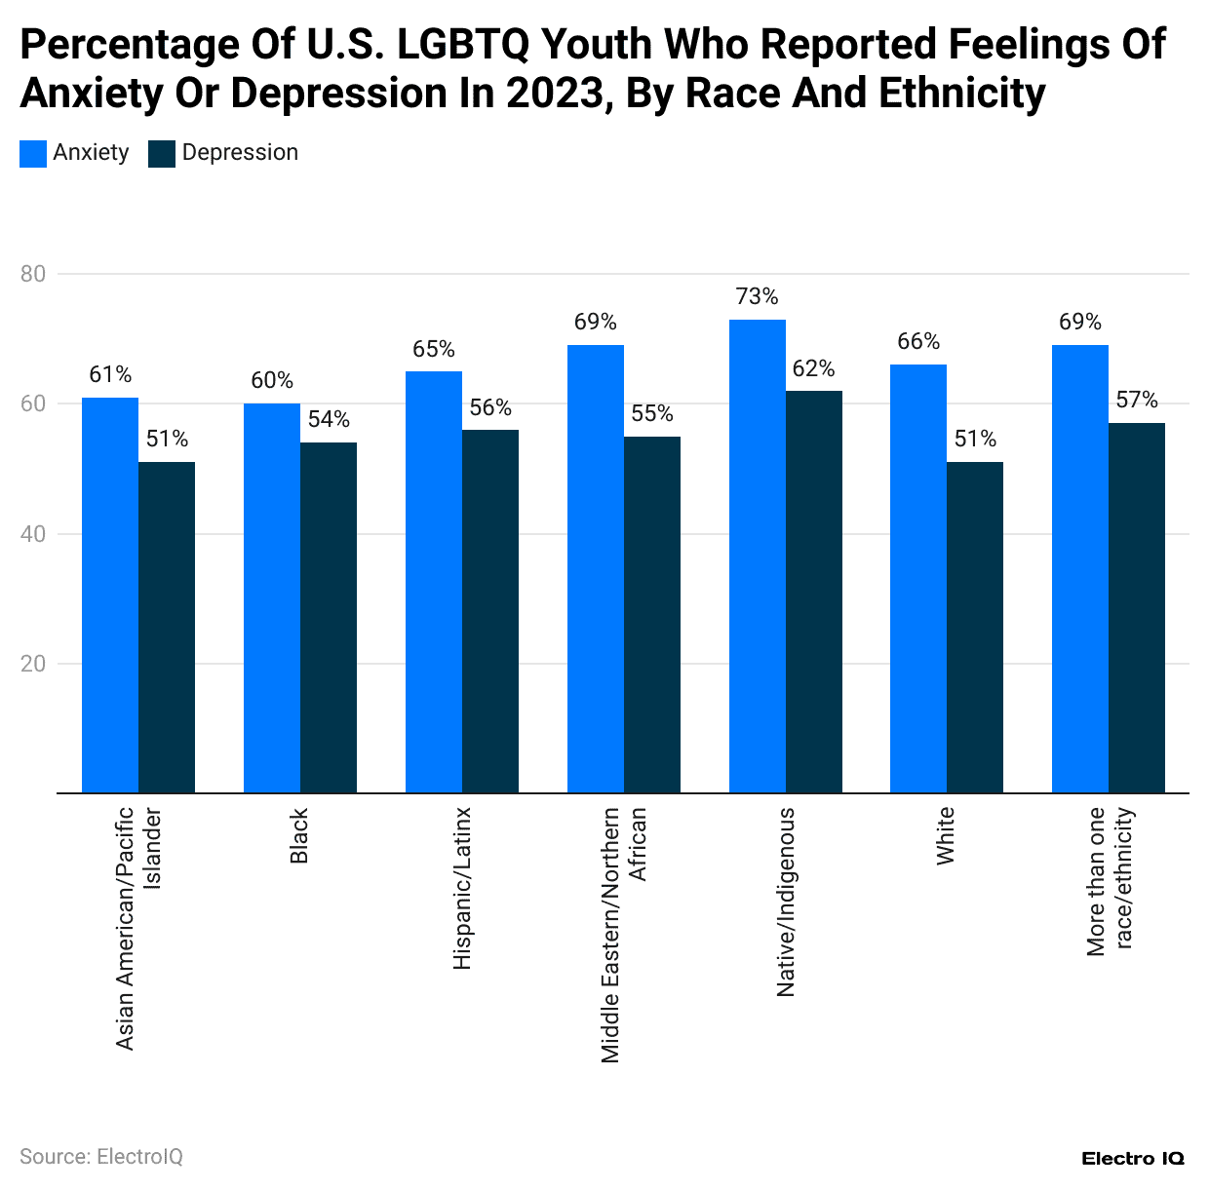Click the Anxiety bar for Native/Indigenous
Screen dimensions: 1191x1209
point(757,556)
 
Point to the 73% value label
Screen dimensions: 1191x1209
point(757,296)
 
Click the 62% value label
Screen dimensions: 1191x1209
point(813,368)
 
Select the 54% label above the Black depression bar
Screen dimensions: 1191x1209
point(329,419)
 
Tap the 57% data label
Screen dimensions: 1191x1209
point(1137,400)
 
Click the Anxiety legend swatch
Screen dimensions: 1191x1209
point(33,153)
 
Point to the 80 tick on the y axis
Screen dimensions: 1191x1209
point(33,274)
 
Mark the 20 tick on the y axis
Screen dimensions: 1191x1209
point(33,664)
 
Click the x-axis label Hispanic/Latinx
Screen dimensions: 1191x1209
point(462,888)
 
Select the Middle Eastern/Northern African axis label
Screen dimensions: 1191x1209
point(624,934)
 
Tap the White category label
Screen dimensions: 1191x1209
point(945,835)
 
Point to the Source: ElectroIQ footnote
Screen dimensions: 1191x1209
point(101,1157)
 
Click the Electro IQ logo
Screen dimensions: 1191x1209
point(1132,1159)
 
